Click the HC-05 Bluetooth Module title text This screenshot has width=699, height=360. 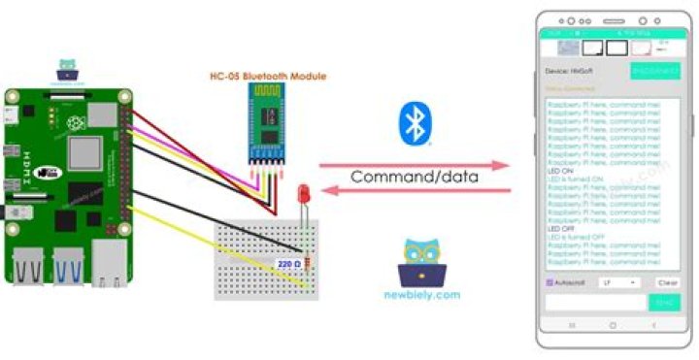click(269, 76)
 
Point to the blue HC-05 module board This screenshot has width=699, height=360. click(267, 123)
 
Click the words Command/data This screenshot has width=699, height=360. click(416, 178)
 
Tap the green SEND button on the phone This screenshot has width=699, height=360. click(664, 302)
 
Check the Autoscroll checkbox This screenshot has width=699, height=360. click(549, 282)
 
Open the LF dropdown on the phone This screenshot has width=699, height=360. click(619, 282)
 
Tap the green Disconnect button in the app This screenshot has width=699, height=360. click(655, 71)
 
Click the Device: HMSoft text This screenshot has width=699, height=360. click(571, 72)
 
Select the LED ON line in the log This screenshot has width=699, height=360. click(562, 171)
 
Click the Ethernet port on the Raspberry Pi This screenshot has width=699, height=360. click(109, 264)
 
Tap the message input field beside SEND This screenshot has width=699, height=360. click(594, 302)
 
